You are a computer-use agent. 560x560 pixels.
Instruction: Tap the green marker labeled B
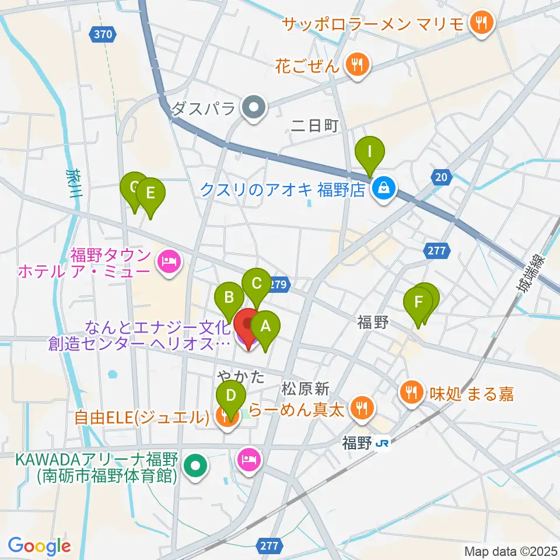click(x=229, y=298)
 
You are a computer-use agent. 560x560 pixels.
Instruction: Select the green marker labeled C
click(x=256, y=283)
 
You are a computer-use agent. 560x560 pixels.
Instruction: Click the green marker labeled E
click(x=150, y=193)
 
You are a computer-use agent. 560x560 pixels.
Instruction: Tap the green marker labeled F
click(x=418, y=303)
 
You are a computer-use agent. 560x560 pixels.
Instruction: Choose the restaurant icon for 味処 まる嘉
click(x=412, y=391)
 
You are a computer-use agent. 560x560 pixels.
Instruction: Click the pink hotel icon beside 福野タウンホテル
click(x=169, y=261)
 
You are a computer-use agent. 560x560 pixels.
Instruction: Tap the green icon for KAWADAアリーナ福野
click(x=195, y=466)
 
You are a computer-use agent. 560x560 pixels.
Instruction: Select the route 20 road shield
click(x=441, y=177)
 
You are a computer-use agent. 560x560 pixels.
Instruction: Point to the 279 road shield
click(x=278, y=285)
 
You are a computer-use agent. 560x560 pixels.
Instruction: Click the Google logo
click(x=40, y=545)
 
